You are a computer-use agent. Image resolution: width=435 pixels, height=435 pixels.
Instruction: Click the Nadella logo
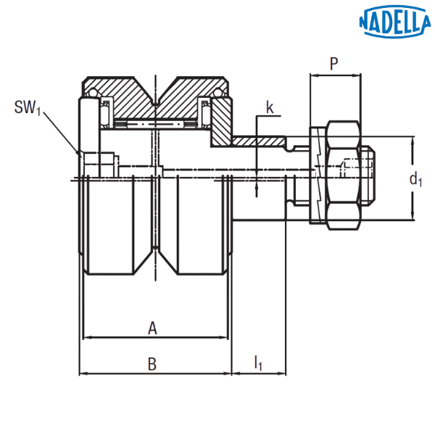click(395, 21)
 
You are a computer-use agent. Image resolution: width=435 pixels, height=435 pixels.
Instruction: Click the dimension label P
click(333, 64)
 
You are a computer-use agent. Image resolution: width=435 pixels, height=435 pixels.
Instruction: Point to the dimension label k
click(270, 107)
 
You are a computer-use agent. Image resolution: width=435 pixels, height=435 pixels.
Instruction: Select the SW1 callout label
click(28, 107)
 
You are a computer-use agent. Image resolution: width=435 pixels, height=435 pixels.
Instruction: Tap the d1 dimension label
click(415, 179)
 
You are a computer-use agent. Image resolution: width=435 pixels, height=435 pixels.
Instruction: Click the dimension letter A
click(152, 328)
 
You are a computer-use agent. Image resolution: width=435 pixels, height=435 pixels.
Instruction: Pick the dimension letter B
click(152, 364)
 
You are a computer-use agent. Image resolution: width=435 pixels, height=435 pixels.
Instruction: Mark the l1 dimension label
click(258, 363)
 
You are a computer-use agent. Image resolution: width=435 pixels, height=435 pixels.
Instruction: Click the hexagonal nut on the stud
click(344, 175)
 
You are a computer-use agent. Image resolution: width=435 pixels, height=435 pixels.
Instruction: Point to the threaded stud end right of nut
click(368, 175)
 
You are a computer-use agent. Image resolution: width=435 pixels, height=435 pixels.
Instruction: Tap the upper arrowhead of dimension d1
click(413, 141)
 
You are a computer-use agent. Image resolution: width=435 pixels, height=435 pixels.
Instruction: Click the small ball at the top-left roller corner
click(92, 92)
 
